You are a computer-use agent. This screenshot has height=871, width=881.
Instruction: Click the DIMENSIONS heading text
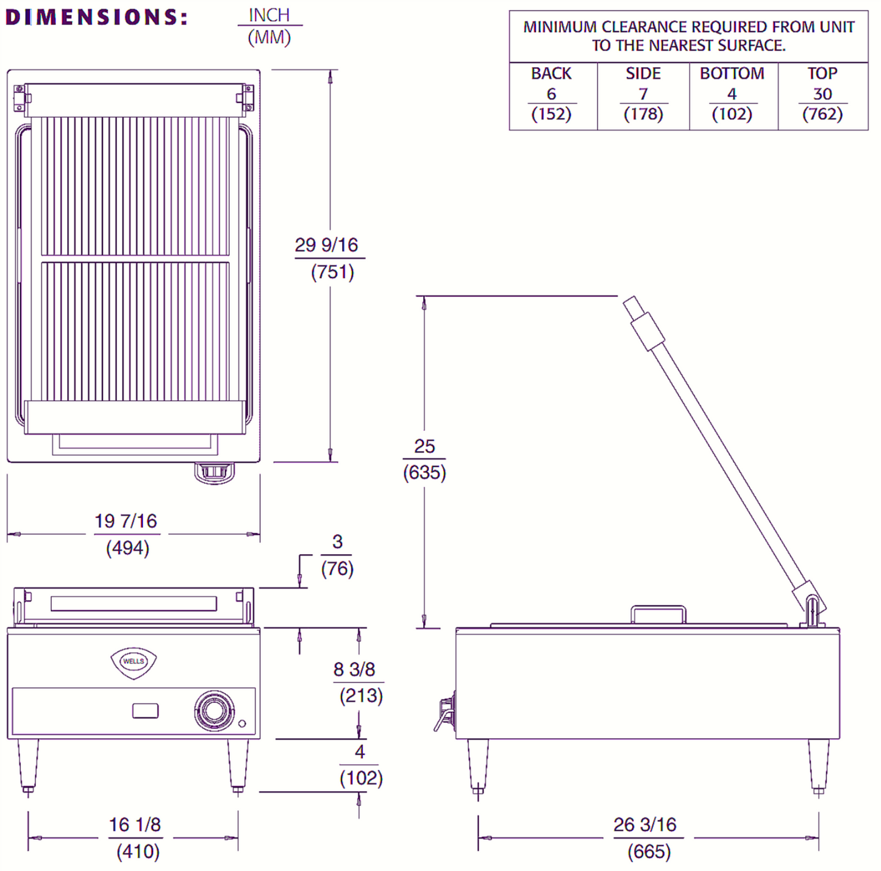click(x=96, y=17)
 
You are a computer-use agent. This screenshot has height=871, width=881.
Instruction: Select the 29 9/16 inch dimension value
click(x=326, y=245)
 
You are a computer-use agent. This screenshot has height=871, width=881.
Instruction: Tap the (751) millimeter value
click(x=332, y=272)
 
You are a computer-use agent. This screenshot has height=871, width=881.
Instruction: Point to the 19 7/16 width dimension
click(x=126, y=521)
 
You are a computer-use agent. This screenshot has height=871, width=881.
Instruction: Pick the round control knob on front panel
click(x=214, y=710)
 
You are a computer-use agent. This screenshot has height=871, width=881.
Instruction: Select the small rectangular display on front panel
click(x=145, y=711)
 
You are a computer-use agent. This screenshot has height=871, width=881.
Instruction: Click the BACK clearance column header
click(x=551, y=74)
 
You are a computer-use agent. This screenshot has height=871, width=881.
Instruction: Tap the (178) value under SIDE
click(x=643, y=114)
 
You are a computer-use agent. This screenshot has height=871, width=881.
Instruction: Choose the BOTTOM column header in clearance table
click(x=732, y=74)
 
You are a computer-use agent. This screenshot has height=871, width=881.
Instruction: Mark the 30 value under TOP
click(x=822, y=94)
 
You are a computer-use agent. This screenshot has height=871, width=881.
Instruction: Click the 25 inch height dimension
click(x=424, y=446)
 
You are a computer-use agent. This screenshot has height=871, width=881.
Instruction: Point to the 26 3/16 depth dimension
click(x=645, y=825)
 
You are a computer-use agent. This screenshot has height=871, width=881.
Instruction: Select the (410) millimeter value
click(x=138, y=851)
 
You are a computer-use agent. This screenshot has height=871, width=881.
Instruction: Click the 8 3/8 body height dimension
click(x=354, y=669)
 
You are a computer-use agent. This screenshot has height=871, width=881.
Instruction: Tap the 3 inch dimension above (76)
click(x=337, y=541)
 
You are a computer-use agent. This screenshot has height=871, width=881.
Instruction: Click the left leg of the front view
click(x=27, y=765)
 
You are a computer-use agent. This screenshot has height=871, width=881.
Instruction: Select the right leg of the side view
click(x=818, y=765)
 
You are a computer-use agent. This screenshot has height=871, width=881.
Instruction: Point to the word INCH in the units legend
click(x=269, y=15)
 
